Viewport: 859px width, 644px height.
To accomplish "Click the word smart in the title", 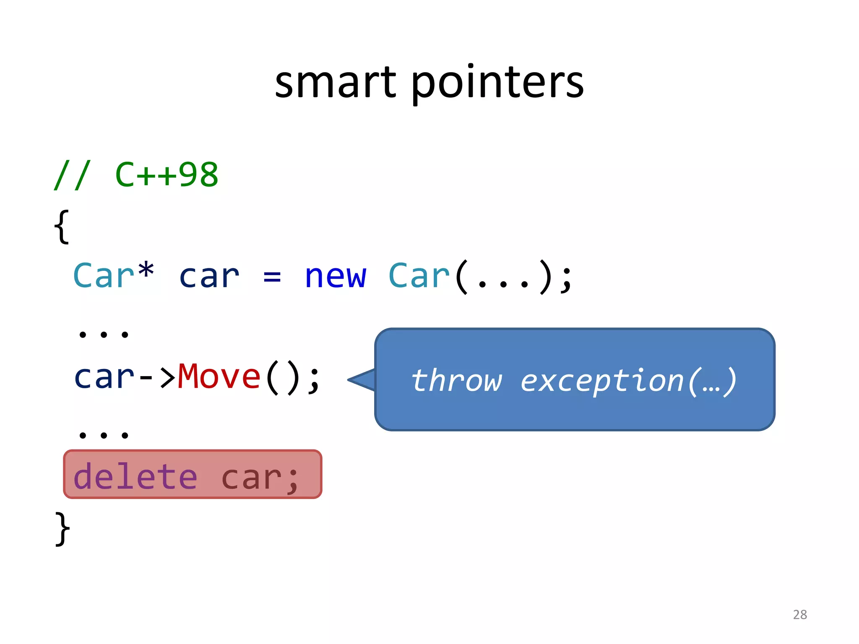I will (335, 83).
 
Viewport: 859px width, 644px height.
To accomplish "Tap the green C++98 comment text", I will (167, 175).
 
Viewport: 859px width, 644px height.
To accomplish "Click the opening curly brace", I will (62, 226).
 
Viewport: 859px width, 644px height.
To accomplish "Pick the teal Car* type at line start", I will (113, 275).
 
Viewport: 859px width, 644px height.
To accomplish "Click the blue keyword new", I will (335, 277).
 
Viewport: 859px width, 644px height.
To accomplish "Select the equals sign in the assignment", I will (272, 277).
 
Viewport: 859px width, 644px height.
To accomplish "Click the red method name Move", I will (219, 377).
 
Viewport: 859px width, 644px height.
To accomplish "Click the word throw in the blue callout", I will (456, 380).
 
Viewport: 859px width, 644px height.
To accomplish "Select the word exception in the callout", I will (602, 380).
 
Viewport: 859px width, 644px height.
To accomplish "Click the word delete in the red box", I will (135, 477).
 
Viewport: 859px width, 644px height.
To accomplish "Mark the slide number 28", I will (800, 614).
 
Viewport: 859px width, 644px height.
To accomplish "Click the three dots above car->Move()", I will (104, 334).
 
